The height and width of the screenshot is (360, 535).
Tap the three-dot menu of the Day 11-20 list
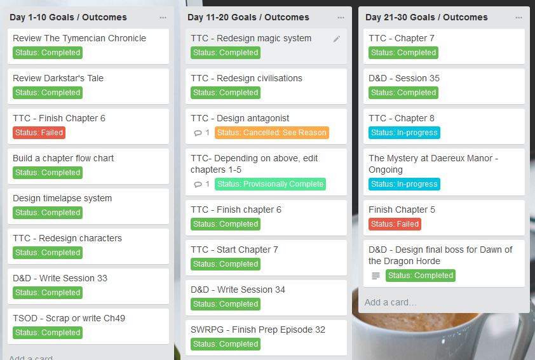click(x=341, y=18)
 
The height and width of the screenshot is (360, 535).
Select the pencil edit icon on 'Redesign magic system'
click(x=337, y=39)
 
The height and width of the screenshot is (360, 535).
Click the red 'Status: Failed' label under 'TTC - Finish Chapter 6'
click(x=39, y=133)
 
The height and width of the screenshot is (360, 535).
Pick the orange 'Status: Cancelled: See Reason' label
click(x=272, y=133)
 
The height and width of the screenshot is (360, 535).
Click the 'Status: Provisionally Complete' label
click(x=270, y=184)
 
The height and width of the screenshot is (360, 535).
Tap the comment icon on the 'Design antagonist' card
click(x=198, y=133)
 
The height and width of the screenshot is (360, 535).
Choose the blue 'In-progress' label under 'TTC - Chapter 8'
click(x=404, y=133)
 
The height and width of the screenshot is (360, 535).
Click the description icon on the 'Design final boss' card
click(x=376, y=276)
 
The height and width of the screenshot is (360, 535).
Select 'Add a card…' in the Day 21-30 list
click(x=391, y=302)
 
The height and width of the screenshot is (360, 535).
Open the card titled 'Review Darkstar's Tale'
click(x=58, y=78)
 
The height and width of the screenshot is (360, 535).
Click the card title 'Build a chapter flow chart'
click(x=64, y=158)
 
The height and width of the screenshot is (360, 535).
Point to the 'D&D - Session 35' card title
click(x=404, y=78)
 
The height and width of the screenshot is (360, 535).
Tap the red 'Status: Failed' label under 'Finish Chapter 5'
click(x=395, y=224)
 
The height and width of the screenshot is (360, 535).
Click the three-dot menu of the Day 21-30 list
click(x=519, y=18)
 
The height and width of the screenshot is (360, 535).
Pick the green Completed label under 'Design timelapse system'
click(x=48, y=213)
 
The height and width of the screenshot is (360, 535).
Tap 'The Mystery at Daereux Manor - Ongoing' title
click(x=433, y=164)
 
